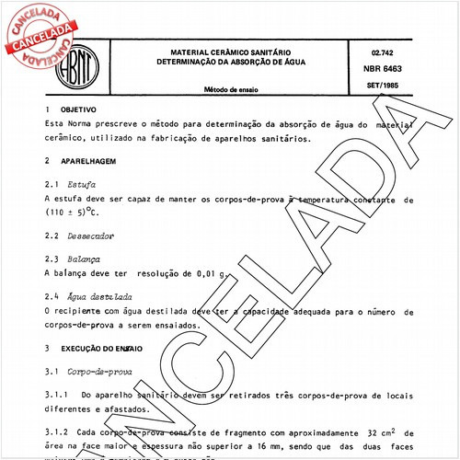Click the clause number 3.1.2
[55, 432]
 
